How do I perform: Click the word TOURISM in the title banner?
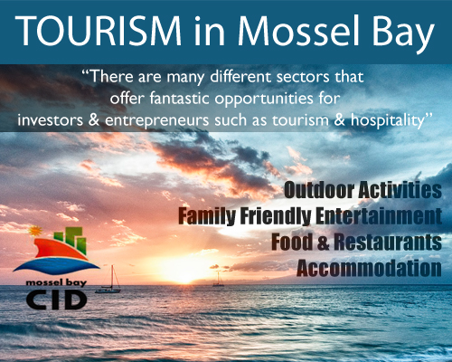[x=99, y=31]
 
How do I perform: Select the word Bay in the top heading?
[x=403, y=34]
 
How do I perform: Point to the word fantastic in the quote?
[x=179, y=98]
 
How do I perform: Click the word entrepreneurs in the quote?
[x=156, y=120]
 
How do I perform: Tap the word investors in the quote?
[x=50, y=120]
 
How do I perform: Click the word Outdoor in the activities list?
[x=319, y=190]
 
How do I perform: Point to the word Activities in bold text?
[x=400, y=190]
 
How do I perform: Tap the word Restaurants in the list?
[x=388, y=242]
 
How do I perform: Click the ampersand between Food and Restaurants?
[x=323, y=243]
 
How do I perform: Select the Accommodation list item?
[x=369, y=268]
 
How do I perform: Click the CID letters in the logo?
[x=56, y=300]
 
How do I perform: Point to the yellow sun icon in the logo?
[x=35, y=231]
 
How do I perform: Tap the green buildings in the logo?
[x=71, y=240]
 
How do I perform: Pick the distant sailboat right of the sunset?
[x=218, y=279]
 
